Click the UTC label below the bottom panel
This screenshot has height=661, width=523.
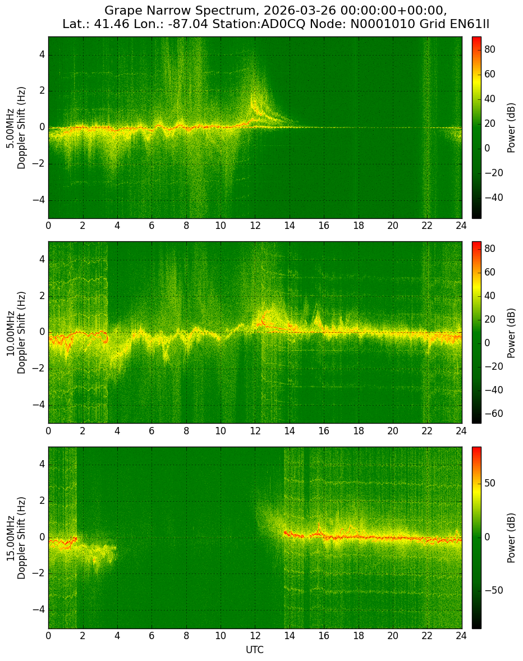(255, 650)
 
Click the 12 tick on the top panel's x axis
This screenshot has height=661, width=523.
(255, 226)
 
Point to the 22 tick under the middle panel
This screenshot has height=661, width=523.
(427, 431)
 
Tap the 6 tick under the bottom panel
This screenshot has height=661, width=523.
(152, 636)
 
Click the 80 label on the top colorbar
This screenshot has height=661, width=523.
(490, 49)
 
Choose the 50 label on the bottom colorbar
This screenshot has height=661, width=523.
(490, 483)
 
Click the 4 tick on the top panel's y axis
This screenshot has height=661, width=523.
(43, 55)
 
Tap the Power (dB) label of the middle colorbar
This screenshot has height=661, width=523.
(512, 333)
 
